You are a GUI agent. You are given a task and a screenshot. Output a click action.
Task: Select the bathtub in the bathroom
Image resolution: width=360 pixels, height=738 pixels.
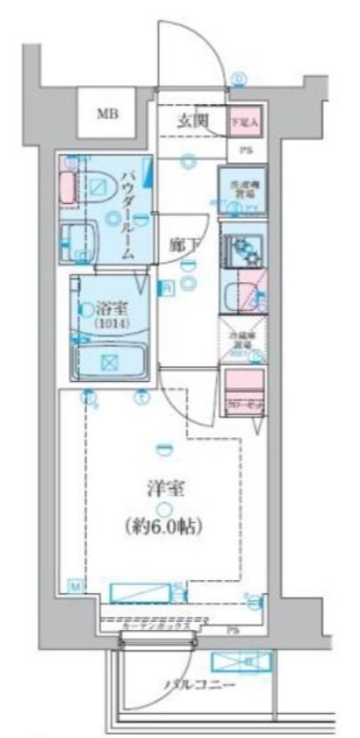tap(109, 363)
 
